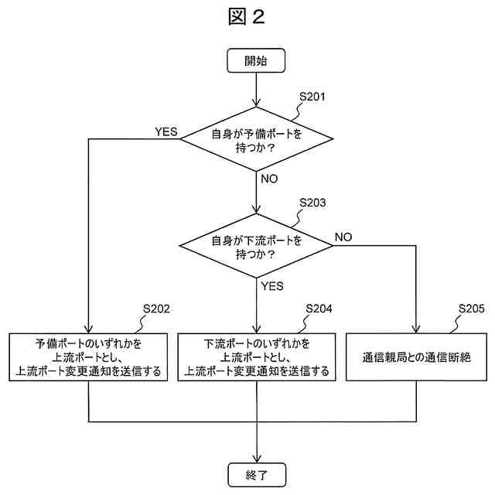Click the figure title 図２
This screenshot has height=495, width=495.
[x=247, y=17]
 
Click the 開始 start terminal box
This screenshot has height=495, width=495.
[x=256, y=61]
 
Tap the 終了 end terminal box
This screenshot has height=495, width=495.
[x=256, y=473]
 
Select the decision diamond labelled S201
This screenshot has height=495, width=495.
[x=256, y=140]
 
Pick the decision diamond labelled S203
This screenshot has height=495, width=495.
[x=256, y=246]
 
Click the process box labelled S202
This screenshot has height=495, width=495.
[x=89, y=357]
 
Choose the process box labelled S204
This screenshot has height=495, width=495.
[x=256, y=357]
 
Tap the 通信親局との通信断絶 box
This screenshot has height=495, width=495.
[x=416, y=357]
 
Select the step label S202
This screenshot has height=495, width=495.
[x=156, y=309]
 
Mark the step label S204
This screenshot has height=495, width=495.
[x=319, y=309]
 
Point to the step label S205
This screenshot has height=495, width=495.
[x=471, y=309]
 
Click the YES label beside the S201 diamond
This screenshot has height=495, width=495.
[x=166, y=131]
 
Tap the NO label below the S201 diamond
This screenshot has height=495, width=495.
[x=270, y=179]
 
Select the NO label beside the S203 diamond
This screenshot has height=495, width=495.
[x=343, y=237]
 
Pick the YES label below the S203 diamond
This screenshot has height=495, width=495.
[x=272, y=285]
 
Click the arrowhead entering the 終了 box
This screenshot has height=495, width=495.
[x=256, y=458]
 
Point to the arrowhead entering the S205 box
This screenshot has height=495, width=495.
[x=416, y=328]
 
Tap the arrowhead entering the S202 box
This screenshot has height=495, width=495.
[x=89, y=328]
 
